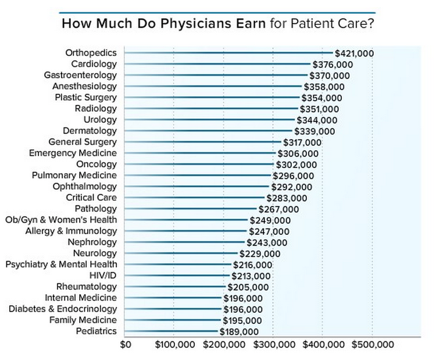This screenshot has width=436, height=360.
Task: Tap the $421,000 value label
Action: pos(354,53)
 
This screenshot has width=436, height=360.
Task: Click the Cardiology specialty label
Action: pos(94,64)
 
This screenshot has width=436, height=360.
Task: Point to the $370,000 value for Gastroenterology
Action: pos(329,76)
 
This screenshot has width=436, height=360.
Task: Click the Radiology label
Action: pos(96,109)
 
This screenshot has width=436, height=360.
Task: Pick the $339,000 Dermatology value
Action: pos(315,131)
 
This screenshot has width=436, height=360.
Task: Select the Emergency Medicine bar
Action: pos(200,154)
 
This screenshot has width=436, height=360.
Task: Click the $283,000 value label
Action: pos(287,198)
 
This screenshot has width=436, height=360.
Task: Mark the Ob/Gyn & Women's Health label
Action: pos(61,220)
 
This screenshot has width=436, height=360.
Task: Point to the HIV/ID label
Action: pos(103,276)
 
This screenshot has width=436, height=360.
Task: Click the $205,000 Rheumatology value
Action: pos(248,287)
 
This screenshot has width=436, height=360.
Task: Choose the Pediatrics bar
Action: pos(171,332)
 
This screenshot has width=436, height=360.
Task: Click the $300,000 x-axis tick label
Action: pos(273,344)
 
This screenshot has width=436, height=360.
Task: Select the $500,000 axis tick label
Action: pos(371,344)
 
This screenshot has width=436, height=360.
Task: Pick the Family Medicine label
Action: pos(83,320)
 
